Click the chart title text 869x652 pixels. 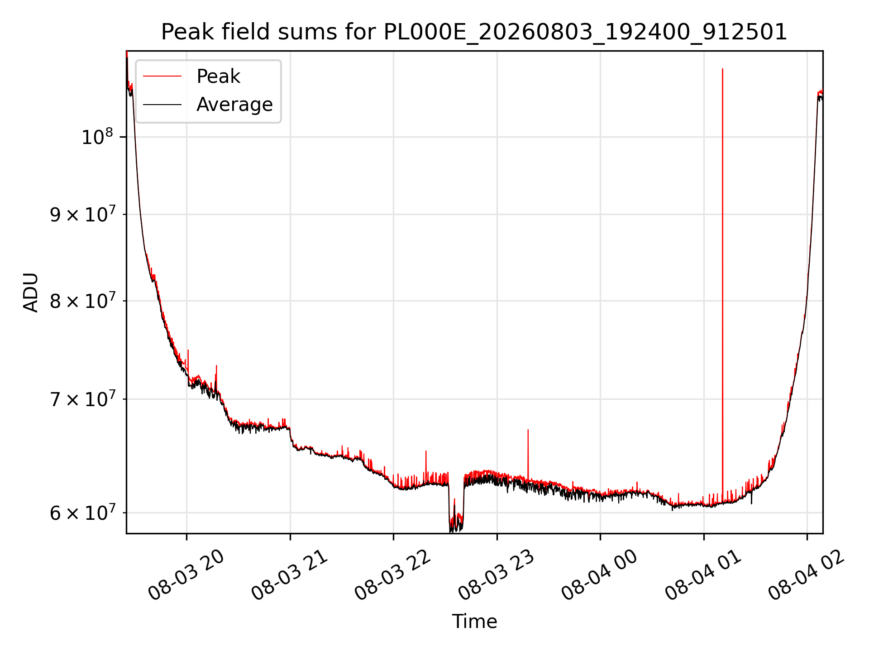[x=474, y=32]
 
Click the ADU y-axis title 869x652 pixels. [x=31, y=292]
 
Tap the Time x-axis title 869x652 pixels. [x=474, y=622]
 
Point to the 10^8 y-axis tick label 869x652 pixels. [x=98, y=136]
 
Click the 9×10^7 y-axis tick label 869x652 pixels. [x=82, y=214]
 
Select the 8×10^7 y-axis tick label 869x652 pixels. [x=82, y=300]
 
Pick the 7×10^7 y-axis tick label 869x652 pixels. [x=82, y=398]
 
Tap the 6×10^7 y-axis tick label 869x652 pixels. [x=82, y=512]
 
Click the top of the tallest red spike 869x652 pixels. [x=722, y=69]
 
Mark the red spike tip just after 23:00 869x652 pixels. [x=528, y=430]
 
